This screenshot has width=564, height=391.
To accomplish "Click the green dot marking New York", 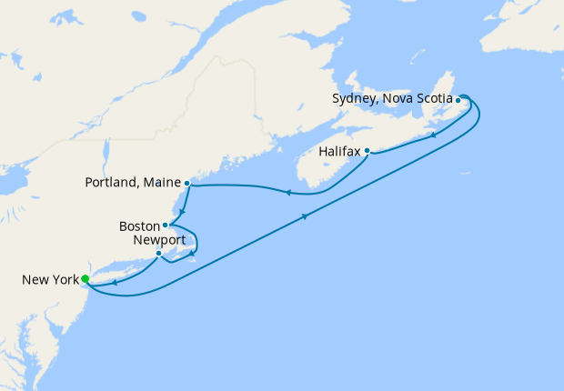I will pyautogui.click(x=85, y=279).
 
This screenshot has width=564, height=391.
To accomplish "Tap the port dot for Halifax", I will pyautogui.click(x=367, y=151).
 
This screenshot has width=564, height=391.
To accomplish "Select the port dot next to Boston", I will pyautogui.click(x=166, y=226).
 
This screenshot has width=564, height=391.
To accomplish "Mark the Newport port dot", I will pyautogui.click(x=158, y=254).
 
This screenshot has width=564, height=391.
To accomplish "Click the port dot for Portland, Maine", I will pyautogui.click(x=186, y=183).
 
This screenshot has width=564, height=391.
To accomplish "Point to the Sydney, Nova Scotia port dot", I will pyautogui.click(x=458, y=100).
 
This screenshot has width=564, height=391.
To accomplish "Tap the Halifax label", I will pyautogui.click(x=339, y=151).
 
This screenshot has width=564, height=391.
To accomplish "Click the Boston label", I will pyautogui.click(x=139, y=226).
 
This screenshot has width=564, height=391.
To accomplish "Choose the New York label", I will pyautogui.click(x=50, y=280).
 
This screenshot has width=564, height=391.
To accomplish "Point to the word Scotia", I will pyautogui.click(x=432, y=99).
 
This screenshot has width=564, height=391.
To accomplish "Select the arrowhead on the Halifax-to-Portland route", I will pyautogui.click(x=287, y=192).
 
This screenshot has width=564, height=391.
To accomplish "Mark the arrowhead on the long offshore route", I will pyautogui.click(x=305, y=216).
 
